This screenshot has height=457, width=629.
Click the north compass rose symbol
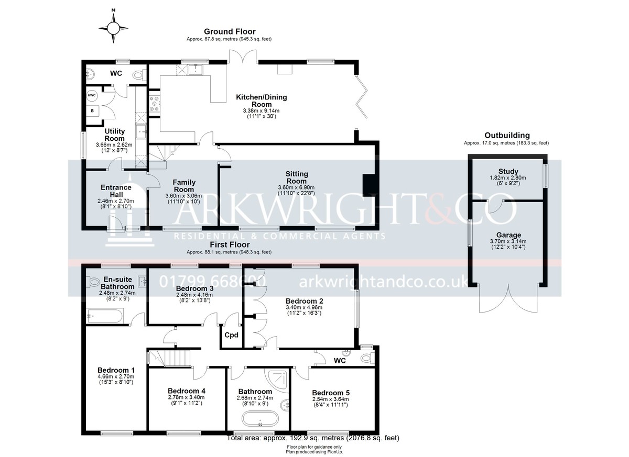tap(113, 28)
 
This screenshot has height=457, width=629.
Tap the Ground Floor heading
tap(230, 31)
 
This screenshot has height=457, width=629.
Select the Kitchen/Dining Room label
tap(261, 101)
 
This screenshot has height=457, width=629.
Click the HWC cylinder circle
tap(92, 95)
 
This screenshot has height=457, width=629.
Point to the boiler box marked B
tap(92, 111)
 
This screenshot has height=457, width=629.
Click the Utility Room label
tap(115, 135)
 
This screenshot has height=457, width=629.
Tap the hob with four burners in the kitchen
tap(154, 104)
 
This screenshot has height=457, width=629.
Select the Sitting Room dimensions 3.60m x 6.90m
tap(296, 187)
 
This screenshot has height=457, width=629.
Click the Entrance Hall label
tap(116, 191)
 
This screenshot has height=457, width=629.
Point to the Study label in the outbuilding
tap(508, 171)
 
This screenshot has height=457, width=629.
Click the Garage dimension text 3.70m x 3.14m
tap(508, 241)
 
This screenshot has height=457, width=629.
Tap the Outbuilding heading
tap(507, 136)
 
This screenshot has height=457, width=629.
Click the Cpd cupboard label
tap(231, 335)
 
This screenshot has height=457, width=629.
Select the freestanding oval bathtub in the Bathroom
tap(260, 419)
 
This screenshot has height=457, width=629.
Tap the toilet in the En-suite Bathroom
tap(93, 282)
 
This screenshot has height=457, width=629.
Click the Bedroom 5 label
tap(331, 393)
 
